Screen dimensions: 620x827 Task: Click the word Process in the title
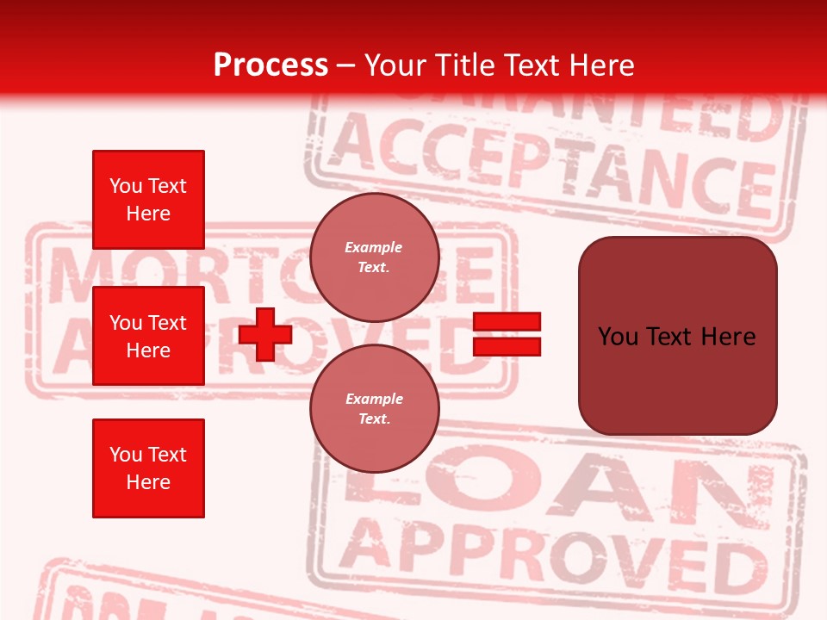pyautogui.click(x=270, y=65)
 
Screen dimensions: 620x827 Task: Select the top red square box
pyautogui.click(x=148, y=200)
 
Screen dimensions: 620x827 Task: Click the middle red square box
pyautogui.click(x=148, y=336)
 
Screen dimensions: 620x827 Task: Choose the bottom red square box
pyautogui.click(x=148, y=468)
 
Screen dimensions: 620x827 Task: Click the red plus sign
pyautogui.click(x=265, y=334)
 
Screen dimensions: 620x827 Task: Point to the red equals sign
pyautogui.click(x=507, y=334)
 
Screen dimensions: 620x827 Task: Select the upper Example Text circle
pyautogui.click(x=374, y=257)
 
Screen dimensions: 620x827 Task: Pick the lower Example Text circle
pyautogui.click(x=374, y=409)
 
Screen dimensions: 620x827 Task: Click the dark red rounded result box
pyautogui.click(x=677, y=336)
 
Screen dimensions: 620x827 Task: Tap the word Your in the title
pyautogui.click(x=396, y=65)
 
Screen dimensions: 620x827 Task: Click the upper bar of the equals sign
pyautogui.click(x=507, y=322)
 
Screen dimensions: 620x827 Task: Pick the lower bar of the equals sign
pyautogui.click(x=507, y=346)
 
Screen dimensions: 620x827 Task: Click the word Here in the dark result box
pyautogui.click(x=728, y=337)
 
